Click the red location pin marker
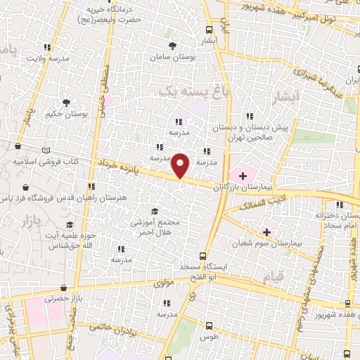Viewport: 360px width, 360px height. (181, 166)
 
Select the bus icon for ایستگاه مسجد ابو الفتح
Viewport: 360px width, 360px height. (202, 256)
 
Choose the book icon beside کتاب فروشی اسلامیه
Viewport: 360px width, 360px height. (46, 150)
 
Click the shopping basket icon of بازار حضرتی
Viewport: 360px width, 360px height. (64, 288)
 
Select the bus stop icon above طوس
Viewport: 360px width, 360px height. (209, 326)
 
